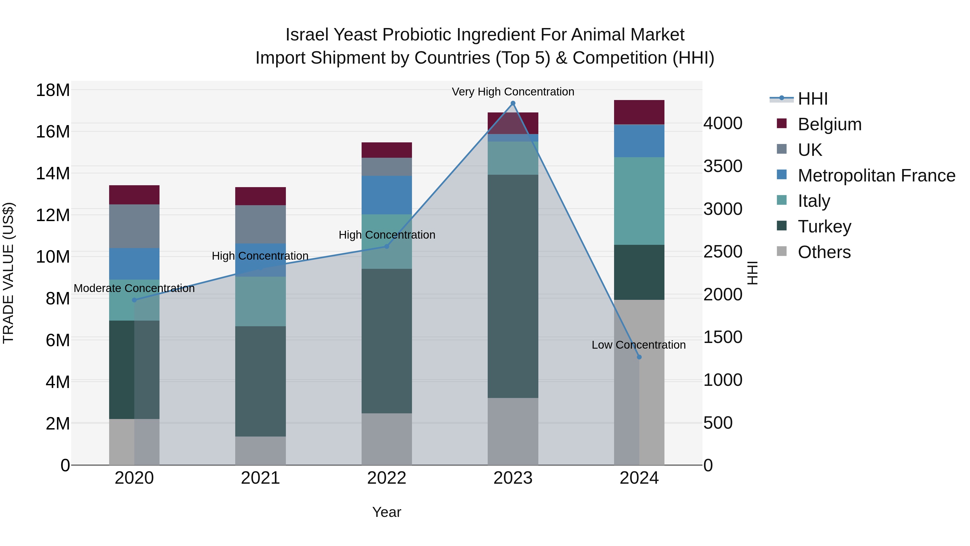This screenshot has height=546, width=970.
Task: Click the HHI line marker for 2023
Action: coord(513,103)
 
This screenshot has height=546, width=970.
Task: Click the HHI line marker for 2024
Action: coord(639,357)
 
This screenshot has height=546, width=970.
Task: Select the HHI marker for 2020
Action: coord(134,300)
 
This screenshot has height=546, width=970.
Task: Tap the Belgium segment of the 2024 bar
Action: coord(639,112)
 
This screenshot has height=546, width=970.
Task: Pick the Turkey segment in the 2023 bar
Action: coord(513,286)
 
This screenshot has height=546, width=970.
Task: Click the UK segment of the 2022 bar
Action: coord(387,167)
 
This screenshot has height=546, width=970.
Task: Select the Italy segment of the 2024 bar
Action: coord(639,201)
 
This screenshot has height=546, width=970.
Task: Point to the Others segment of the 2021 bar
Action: coord(261,451)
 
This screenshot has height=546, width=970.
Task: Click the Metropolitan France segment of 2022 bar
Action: coord(387,195)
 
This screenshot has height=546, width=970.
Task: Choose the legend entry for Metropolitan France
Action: coord(876,176)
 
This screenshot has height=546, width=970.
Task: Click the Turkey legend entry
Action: coord(824,226)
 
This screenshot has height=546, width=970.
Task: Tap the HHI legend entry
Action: coord(812,99)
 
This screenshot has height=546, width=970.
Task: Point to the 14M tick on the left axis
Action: coord(53,174)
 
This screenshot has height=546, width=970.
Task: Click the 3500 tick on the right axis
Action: coord(723,166)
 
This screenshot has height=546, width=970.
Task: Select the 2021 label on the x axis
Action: coord(261,478)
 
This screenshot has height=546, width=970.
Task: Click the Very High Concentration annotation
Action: coord(513,92)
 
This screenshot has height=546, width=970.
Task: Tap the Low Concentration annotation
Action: coord(639,345)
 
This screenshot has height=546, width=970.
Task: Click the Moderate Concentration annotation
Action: coord(134,288)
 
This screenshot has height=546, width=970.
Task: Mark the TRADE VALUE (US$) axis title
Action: coord(8,273)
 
